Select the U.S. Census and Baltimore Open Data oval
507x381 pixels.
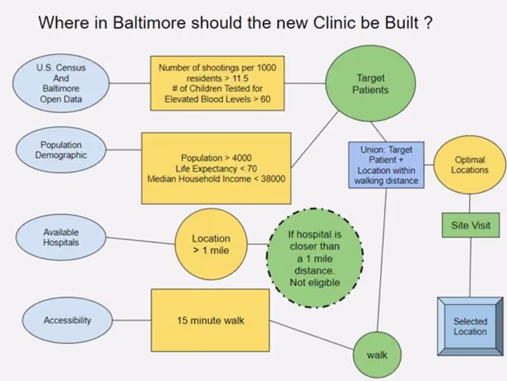[x=61, y=83]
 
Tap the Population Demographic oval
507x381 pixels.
[x=61, y=150]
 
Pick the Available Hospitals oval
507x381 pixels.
[x=61, y=237]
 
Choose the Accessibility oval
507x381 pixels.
[x=67, y=321]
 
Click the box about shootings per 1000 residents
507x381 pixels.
[x=217, y=83]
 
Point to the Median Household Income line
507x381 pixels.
[x=216, y=180]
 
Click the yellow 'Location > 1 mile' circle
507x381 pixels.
[x=210, y=244]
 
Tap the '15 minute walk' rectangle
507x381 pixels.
[x=210, y=321]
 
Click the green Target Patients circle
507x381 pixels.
[x=370, y=84]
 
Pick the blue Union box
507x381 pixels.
[x=387, y=165]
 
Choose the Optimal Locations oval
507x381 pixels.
[x=470, y=165]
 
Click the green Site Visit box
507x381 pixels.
[x=470, y=225]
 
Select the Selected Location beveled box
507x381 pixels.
[x=470, y=326]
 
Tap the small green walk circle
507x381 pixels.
[x=376, y=354]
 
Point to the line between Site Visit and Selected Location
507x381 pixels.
[x=470, y=267]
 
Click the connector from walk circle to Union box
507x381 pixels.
[x=382, y=260]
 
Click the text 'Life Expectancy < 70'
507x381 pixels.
[x=216, y=168]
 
